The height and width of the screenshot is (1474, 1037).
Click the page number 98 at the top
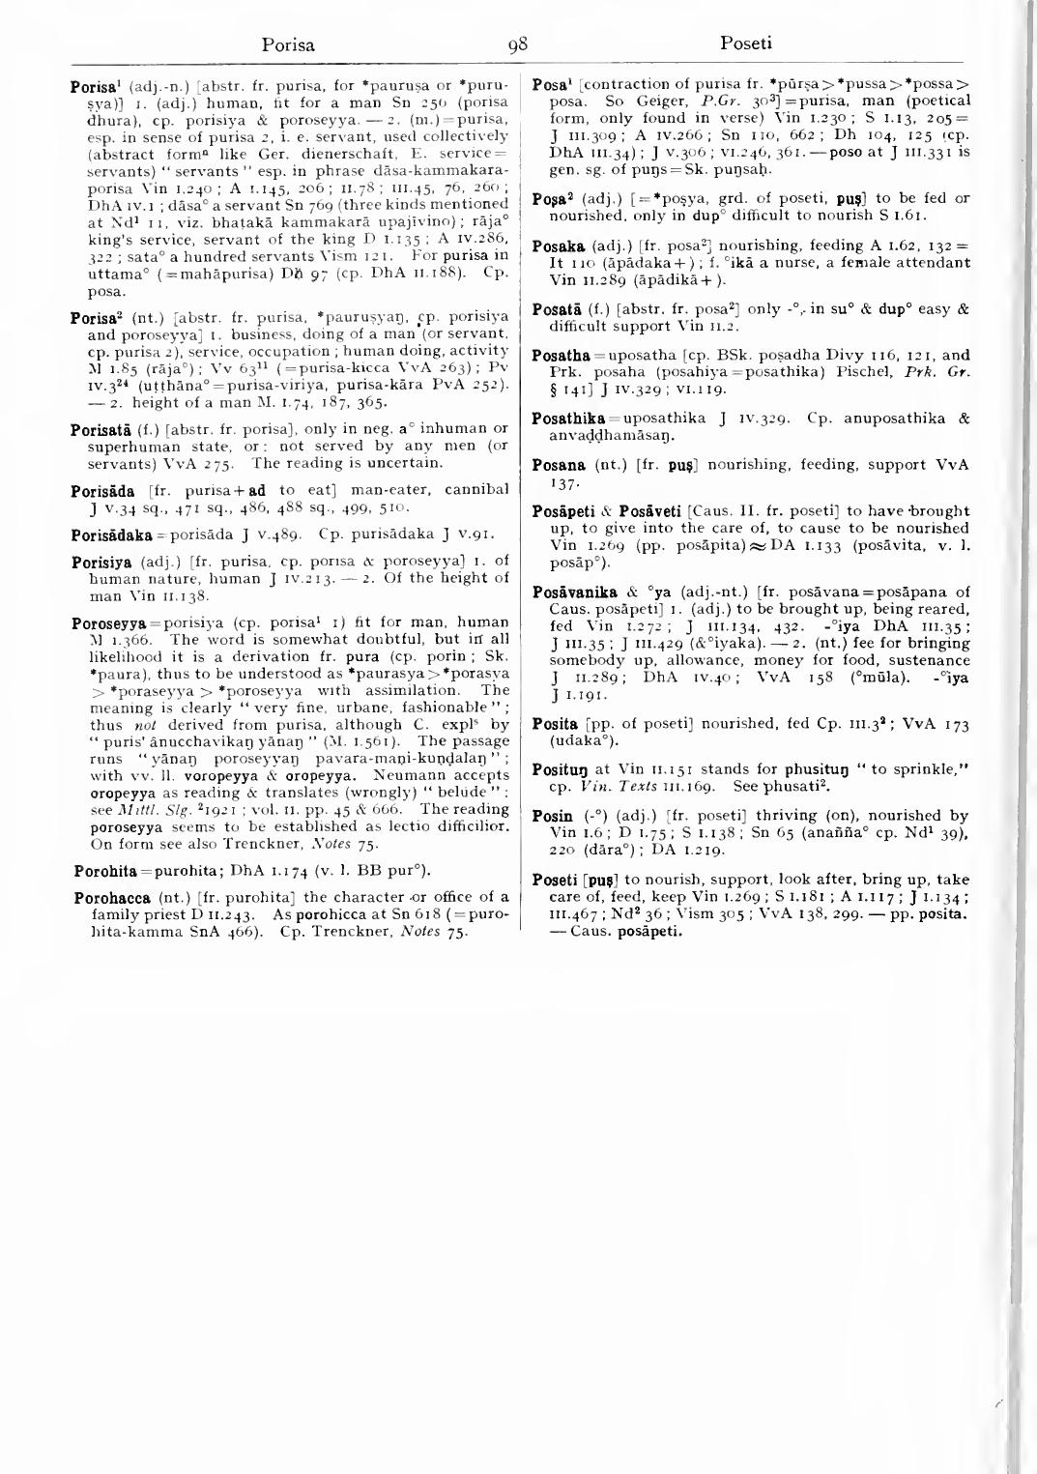pos(518,43)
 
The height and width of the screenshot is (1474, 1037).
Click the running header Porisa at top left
pos(289,43)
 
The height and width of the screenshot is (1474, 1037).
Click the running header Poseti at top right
pos(746,43)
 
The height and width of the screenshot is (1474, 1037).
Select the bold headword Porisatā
pos(101,429)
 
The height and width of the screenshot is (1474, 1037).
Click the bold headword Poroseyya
pos(106,622)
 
